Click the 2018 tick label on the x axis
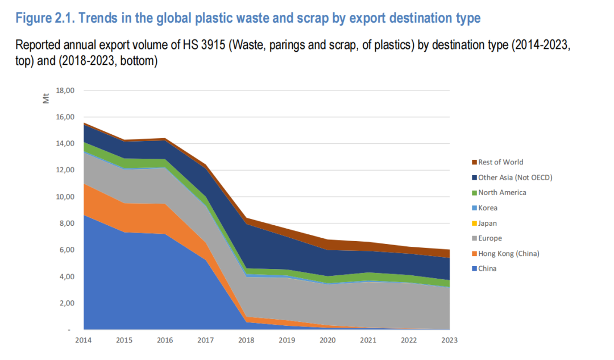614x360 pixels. (246, 340)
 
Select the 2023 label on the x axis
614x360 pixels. (449, 340)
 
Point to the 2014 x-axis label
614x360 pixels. (84, 340)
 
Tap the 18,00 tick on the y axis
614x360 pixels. (66, 90)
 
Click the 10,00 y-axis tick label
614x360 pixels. (66, 197)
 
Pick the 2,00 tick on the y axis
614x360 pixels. (67, 303)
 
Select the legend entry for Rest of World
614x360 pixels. (500, 162)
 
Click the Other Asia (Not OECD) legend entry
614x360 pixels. (515, 177)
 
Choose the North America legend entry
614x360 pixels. (502, 192)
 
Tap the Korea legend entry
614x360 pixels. (488, 208)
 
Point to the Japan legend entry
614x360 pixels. (488, 223)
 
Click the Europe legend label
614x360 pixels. (489, 238)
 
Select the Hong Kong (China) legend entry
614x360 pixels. (508, 253)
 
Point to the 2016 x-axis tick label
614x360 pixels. (165, 340)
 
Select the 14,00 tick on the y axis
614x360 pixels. (66, 144)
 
